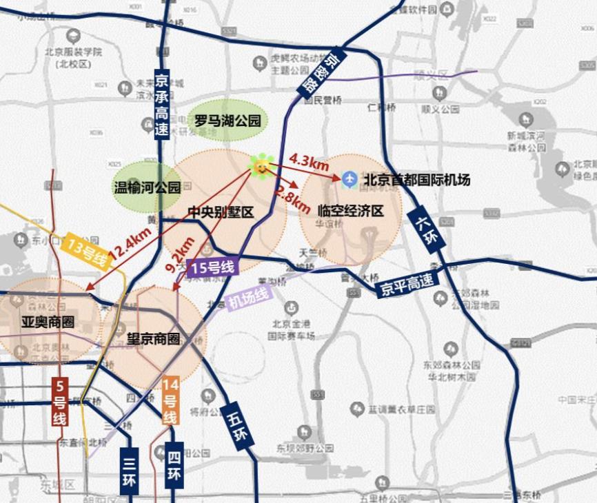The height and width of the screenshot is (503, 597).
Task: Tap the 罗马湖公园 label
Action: (227, 121)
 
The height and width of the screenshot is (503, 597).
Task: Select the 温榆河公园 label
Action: (147, 187)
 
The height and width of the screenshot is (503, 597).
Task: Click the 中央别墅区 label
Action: (221, 212)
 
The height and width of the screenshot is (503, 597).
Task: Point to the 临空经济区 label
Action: (351, 211)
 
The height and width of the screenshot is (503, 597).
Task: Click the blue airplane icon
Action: (350, 180)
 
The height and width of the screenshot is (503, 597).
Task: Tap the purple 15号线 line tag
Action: (212, 267)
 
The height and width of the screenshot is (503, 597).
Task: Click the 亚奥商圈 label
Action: (47, 322)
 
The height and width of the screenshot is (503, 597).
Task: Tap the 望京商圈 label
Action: (154, 338)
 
